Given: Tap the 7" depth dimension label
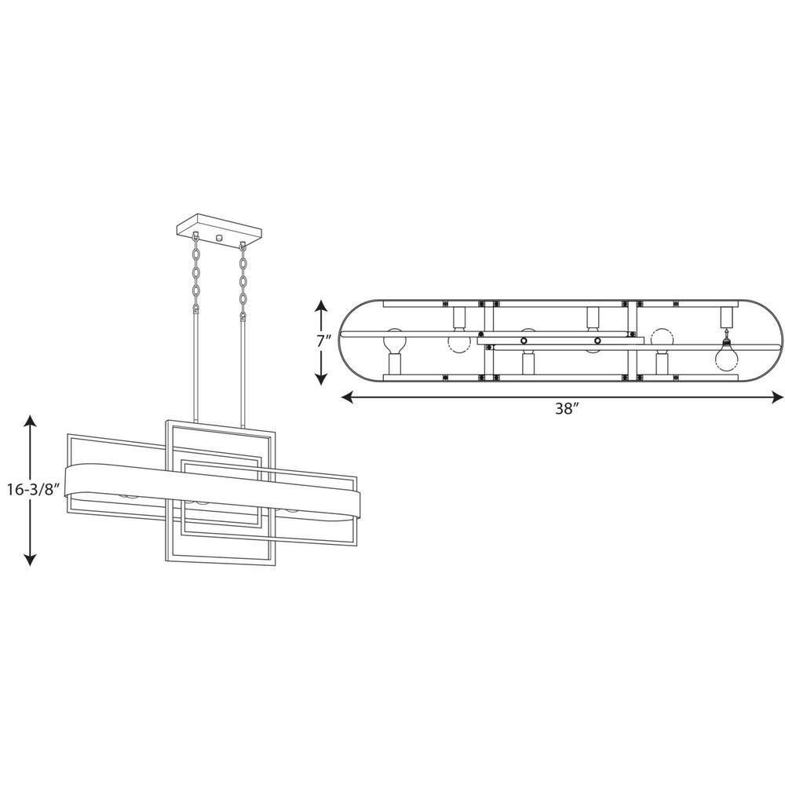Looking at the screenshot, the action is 324,343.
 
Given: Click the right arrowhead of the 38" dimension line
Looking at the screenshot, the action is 777,397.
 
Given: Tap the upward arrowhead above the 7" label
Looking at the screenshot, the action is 321,305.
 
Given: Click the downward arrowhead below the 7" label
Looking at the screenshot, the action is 321,379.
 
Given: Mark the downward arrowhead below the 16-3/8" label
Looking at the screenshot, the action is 31,559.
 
